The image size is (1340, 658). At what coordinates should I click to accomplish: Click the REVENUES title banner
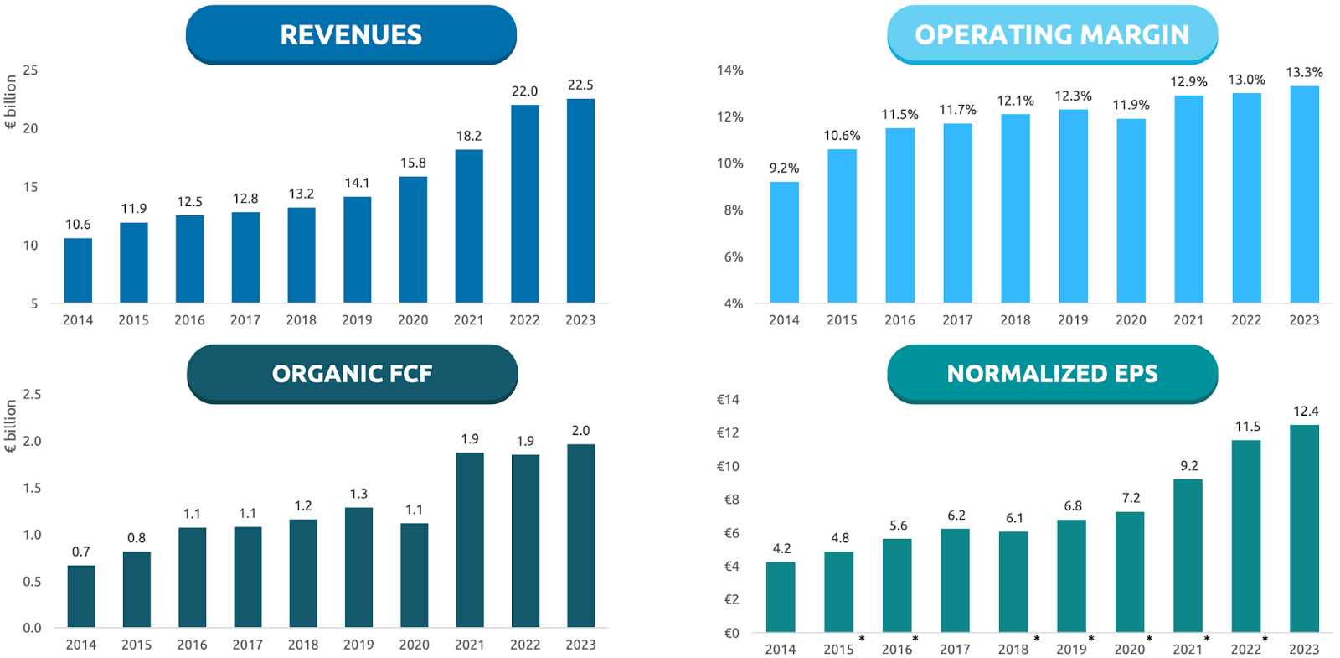[351, 34]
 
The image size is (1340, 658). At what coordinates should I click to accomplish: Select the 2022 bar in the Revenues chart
[524, 204]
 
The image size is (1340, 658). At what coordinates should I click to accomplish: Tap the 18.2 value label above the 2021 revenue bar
[469, 136]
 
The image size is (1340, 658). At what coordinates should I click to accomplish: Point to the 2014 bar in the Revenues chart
[78, 270]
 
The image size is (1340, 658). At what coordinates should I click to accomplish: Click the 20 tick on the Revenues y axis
[30, 128]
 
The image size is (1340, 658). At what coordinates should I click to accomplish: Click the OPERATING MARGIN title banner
[1052, 34]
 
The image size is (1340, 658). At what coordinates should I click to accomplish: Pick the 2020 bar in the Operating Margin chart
[1131, 210]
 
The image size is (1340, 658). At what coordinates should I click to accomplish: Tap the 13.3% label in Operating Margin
[1304, 73]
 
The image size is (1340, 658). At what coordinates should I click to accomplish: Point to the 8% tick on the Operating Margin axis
[733, 210]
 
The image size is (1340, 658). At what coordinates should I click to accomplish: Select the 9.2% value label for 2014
[784, 168]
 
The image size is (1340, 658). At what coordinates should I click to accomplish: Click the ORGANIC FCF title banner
[352, 374]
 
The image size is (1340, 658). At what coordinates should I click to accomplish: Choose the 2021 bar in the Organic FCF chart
[470, 540]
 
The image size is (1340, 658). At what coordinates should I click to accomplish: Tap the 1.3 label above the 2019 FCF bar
[358, 494]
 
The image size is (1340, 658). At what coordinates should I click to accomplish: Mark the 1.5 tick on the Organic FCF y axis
[32, 488]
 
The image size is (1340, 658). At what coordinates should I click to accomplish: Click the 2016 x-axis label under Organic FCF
[192, 645]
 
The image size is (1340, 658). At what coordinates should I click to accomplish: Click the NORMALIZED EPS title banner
[1052, 374]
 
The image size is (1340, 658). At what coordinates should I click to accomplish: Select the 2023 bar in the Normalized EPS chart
[1304, 528]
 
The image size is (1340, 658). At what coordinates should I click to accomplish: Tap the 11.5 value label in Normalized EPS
[1247, 427]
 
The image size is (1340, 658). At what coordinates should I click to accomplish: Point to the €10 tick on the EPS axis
[727, 466]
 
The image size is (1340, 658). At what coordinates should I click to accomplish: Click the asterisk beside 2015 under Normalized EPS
[862, 640]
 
